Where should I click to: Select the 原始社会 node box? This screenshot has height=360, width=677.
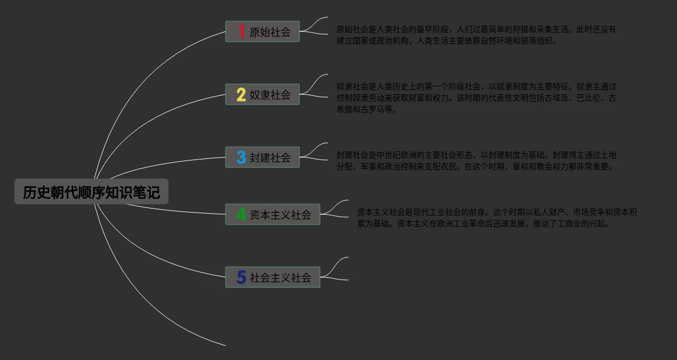[x=262, y=32]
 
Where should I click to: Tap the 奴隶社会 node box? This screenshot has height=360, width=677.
[x=262, y=95]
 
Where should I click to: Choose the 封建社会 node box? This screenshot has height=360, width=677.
[x=262, y=157]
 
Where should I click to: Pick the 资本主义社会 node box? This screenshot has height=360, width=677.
[x=273, y=214]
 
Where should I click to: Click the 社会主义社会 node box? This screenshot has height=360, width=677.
[x=273, y=277]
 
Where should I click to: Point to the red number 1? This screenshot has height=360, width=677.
[x=241, y=32]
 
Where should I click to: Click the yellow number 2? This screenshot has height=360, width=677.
[x=241, y=95]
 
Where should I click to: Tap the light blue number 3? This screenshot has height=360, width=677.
[x=241, y=157]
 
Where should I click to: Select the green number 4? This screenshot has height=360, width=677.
[x=241, y=214]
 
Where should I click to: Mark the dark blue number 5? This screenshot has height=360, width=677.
[x=241, y=277]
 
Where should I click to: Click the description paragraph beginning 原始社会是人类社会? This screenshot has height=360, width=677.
[x=476, y=35]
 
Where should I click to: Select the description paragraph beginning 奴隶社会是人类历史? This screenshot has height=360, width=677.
[x=476, y=98]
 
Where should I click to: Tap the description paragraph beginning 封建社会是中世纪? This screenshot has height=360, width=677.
[x=476, y=161]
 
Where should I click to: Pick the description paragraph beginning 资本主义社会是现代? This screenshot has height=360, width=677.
[x=496, y=218]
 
